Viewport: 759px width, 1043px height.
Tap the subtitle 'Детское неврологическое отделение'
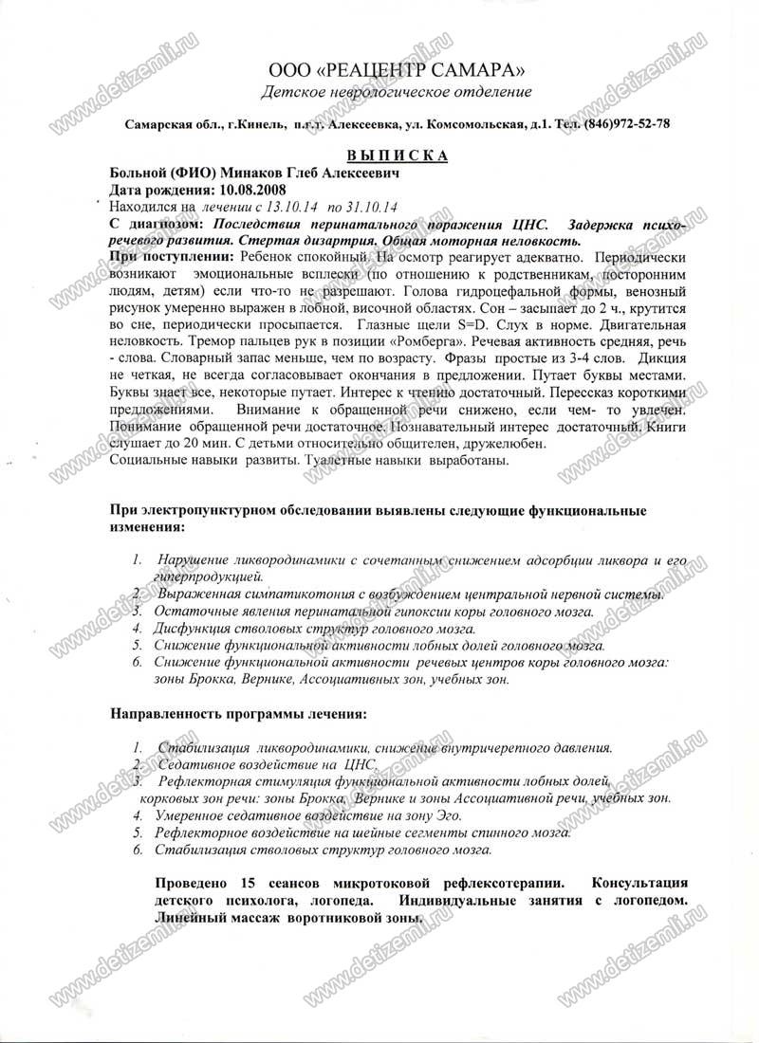click(397, 92)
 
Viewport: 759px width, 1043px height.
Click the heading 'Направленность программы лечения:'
click(238, 712)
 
